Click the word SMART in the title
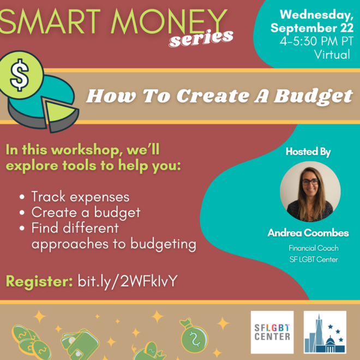pos(50,22)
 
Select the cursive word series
pos(201,38)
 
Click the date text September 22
pos(312,28)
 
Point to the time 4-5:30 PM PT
pos(316,41)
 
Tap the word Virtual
pos(332,55)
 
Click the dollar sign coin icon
pos(21,75)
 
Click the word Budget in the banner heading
pos(314,97)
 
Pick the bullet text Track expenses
pos(80,197)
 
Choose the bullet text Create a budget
pos(86,212)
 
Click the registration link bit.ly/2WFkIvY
pos(128,281)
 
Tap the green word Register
pos(39,281)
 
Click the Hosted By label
pos(308,152)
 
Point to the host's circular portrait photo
pos(310,191)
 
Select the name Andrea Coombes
pos(308,233)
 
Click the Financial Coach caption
pos(314,248)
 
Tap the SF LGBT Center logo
pos(272,332)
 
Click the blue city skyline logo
pos(325,332)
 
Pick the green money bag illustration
pos(194,335)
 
